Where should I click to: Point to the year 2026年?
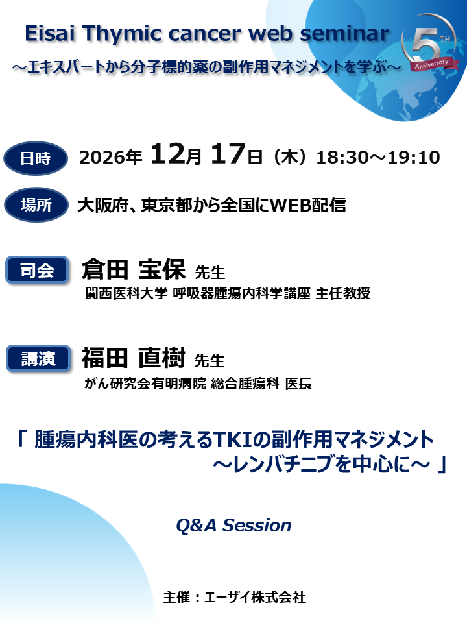pyautogui.click(x=110, y=158)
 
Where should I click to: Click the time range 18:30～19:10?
pyautogui.click(x=378, y=158)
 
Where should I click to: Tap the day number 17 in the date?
pyautogui.click(x=228, y=156)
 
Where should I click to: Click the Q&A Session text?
pyautogui.click(x=233, y=526)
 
